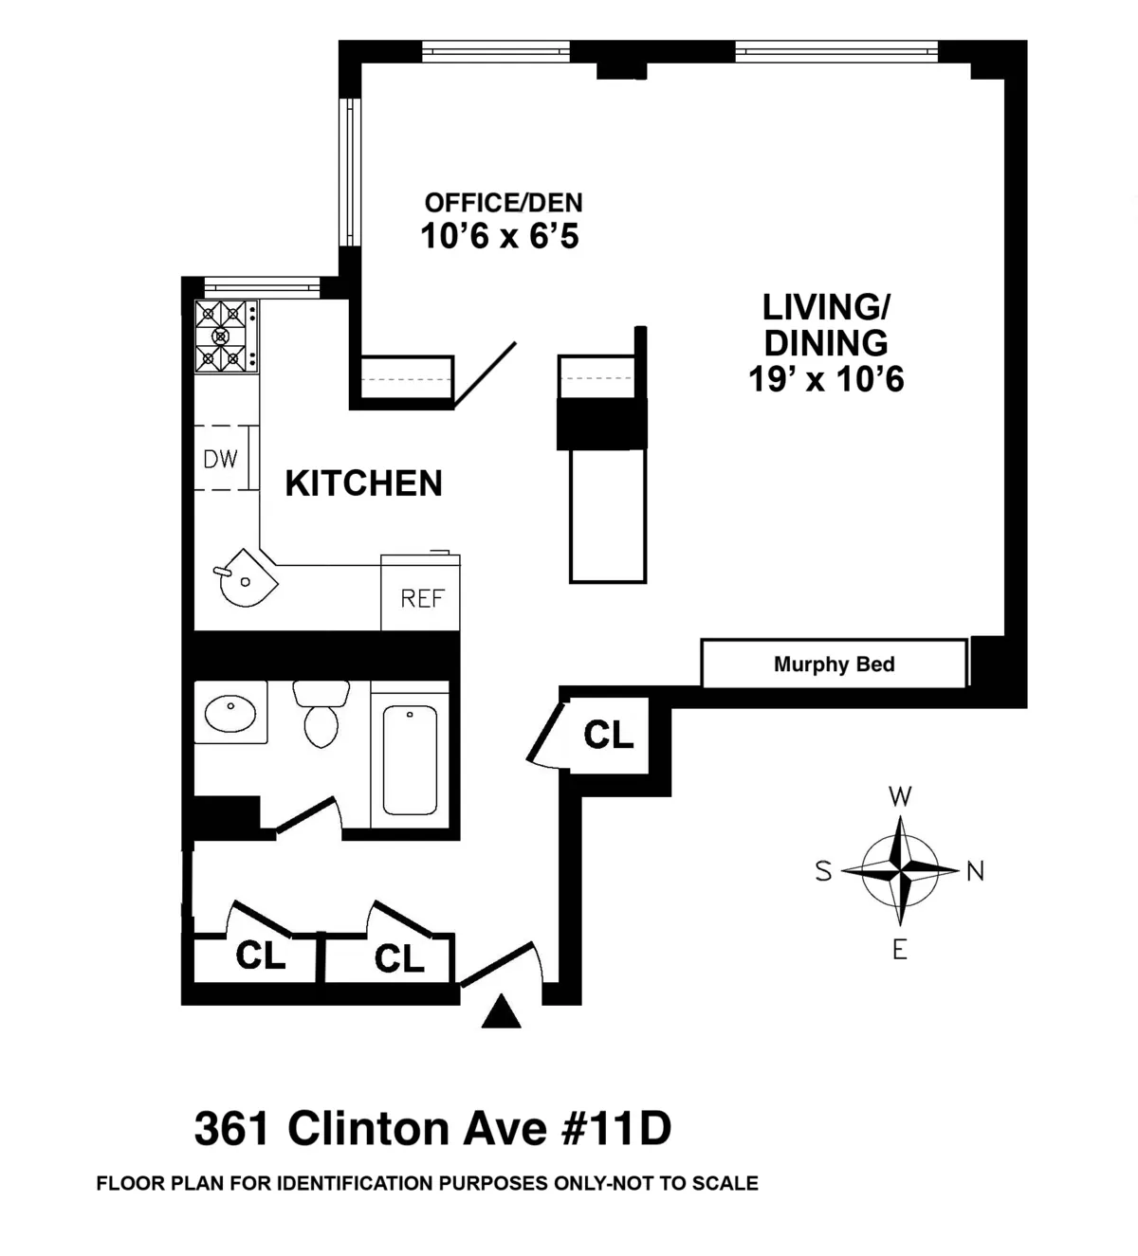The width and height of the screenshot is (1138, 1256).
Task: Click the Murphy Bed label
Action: [x=834, y=664]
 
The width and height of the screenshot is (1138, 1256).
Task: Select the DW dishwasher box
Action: [x=222, y=459]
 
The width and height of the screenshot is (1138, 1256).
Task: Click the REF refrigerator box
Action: [x=422, y=598]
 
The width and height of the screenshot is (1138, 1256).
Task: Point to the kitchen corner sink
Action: [x=246, y=578]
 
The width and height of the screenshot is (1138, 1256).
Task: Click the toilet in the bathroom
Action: [x=321, y=716]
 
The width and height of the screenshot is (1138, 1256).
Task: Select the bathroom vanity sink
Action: [x=230, y=713]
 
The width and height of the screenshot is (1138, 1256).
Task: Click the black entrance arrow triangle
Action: [x=501, y=1013]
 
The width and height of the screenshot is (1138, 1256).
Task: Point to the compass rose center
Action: [x=900, y=869]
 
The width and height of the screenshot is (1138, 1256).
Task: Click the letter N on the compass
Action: [x=975, y=871]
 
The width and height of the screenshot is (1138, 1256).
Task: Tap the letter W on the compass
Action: [x=900, y=796]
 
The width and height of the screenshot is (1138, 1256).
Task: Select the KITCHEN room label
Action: [x=364, y=483]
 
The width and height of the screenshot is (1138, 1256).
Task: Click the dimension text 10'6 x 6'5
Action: [x=500, y=236]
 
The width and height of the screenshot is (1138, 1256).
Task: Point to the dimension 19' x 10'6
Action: [x=826, y=379]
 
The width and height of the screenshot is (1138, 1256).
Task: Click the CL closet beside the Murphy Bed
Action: [x=608, y=735]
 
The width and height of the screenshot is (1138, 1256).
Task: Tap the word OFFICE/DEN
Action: [x=503, y=203]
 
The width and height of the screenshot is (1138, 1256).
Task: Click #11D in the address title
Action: [x=617, y=1129]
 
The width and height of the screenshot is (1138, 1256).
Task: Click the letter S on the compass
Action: [x=823, y=871]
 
